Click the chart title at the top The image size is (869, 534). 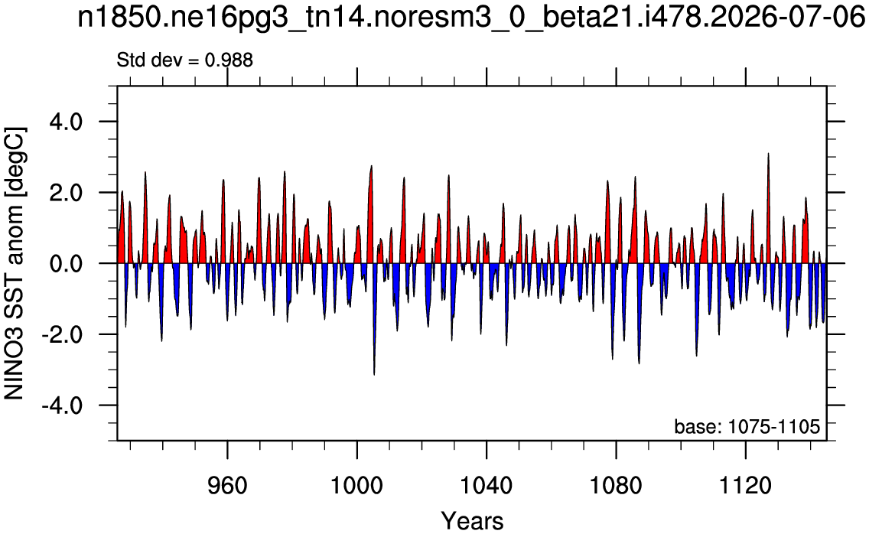471,18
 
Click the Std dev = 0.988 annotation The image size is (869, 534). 184,60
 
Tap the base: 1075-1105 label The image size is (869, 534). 747,426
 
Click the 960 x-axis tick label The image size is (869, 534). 227,485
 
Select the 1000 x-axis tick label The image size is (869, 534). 357,485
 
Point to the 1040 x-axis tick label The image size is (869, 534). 487,485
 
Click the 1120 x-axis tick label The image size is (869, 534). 746,485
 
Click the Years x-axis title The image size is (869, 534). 472,521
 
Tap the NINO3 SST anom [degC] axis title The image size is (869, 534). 15,263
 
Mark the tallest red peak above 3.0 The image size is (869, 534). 768,154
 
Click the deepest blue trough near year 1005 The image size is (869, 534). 374,375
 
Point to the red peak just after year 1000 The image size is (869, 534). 371,166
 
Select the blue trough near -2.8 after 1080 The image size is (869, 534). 639,363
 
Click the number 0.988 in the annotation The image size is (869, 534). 229,60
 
